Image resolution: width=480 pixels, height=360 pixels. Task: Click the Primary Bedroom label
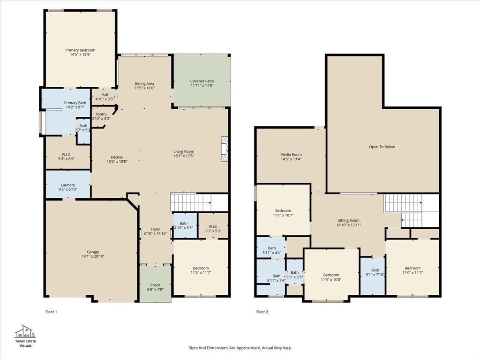tap(80, 50)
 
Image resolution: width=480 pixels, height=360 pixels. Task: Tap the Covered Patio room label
tap(202, 81)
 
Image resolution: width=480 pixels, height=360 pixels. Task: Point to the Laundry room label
tap(67, 185)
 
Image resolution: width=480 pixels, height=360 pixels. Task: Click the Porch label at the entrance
tap(155, 285)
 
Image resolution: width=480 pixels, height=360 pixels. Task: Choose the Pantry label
tap(101, 114)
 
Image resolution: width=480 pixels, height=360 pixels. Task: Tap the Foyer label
tap(155, 229)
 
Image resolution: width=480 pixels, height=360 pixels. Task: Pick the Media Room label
tap(291, 155)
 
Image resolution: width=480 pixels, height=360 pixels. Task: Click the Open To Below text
tap(382, 147)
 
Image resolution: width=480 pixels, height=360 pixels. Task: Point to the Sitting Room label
tap(348, 220)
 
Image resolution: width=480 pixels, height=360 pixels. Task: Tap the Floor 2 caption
tap(262, 311)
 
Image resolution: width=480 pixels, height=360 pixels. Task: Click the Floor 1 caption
tap(51, 311)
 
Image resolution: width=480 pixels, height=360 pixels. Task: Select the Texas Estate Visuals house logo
tap(25, 331)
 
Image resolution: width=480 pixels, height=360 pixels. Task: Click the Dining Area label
tap(144, 83)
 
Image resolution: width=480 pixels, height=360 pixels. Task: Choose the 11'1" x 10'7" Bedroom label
tap(283, 210)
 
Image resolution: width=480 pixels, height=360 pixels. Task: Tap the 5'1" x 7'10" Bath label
tap(375, 270)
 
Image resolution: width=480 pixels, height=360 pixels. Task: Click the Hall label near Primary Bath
tap(105, 95)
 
